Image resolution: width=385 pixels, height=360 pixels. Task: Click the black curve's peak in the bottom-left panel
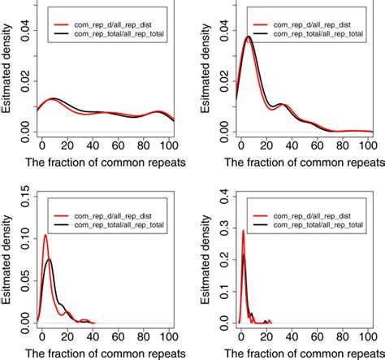49,259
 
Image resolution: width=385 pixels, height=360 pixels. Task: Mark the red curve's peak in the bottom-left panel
45,236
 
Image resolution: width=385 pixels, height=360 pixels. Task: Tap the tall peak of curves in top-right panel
248,37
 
